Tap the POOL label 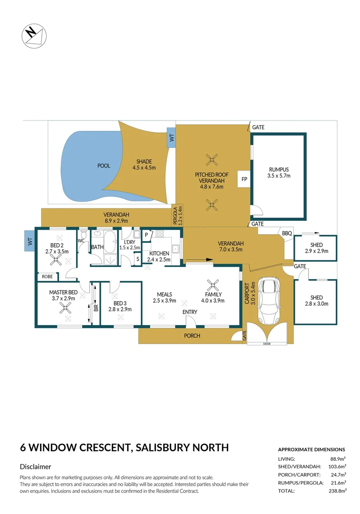point(104,166)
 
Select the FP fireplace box point(244,179)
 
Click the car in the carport point(268,300)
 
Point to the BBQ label point(287,234)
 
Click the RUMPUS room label point(279,172)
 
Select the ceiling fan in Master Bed point(64,308)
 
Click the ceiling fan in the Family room point(214,284)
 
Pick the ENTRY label point(190,312)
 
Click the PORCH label point(192,336)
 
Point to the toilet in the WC point(84,234)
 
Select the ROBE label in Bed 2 point(47,276)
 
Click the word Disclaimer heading point(36,467)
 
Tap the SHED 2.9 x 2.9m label point(316,248)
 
